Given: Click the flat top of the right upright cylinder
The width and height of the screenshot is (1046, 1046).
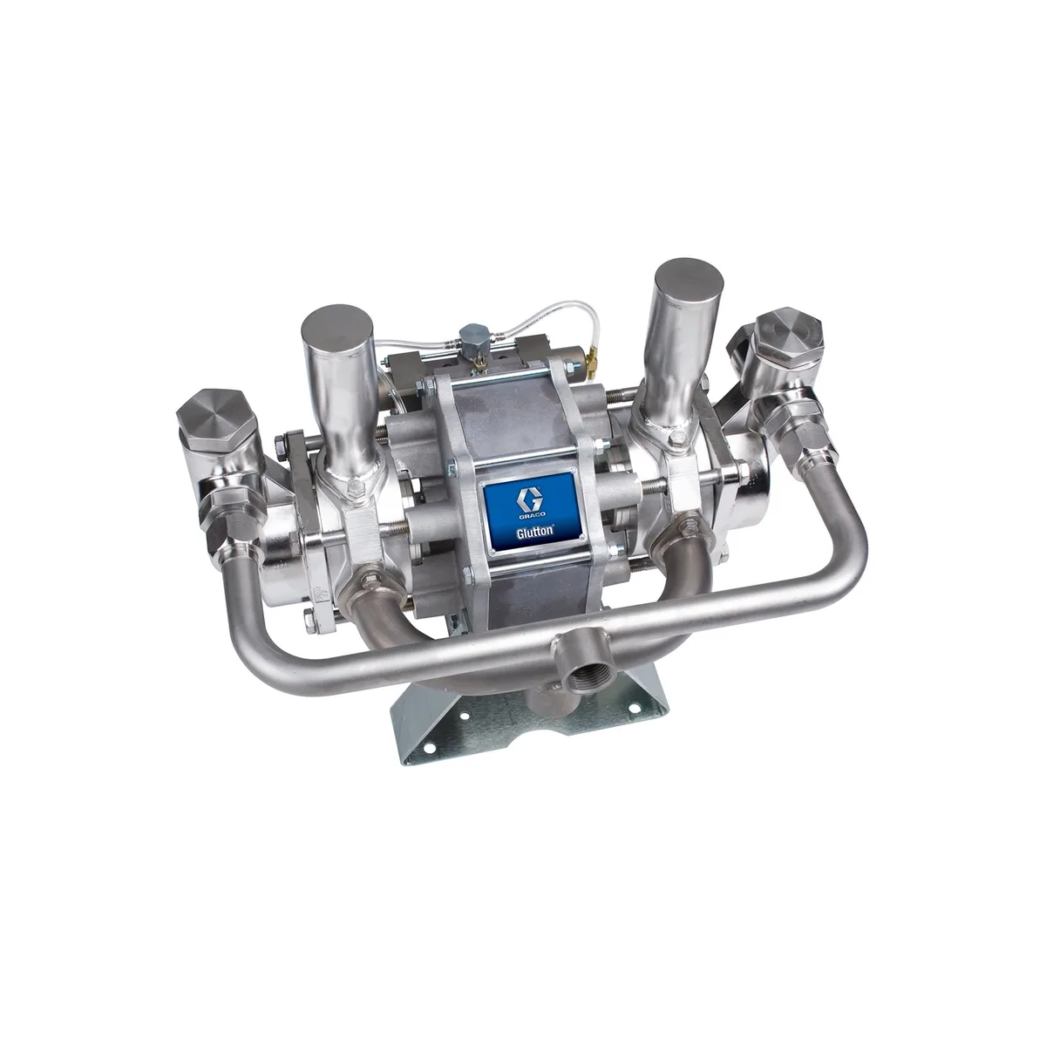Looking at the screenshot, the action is click(689, 282).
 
